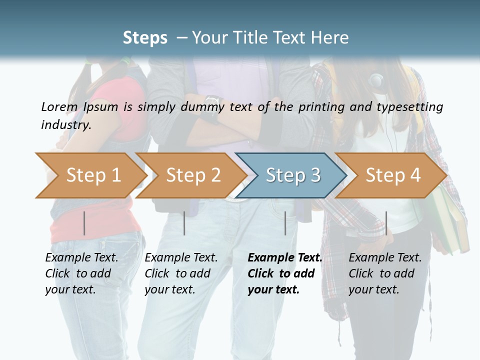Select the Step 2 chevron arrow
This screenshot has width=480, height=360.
193,175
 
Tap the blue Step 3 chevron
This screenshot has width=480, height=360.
293,175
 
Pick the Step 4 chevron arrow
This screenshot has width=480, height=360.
393,175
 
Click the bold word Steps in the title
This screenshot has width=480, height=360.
145,37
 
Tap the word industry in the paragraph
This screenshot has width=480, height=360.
66,124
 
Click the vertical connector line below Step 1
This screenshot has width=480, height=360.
84,223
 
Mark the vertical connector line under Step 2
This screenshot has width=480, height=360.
184,223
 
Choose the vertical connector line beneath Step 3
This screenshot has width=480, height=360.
285,223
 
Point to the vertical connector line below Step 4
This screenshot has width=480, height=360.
386,223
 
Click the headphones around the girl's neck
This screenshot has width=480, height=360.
375,80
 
